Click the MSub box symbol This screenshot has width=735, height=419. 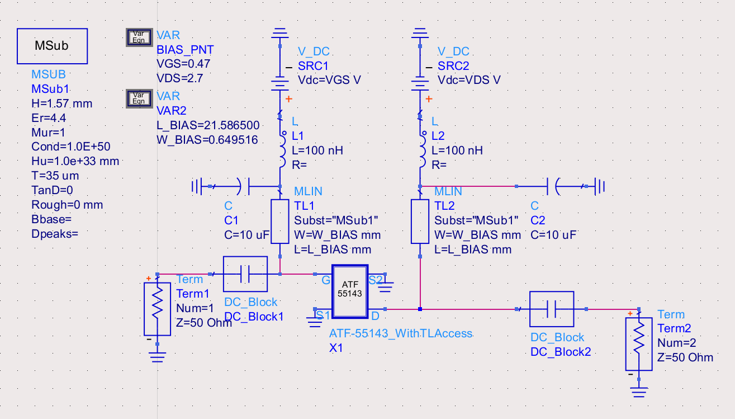point(52,46)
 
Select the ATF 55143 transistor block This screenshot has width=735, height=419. point(349,290)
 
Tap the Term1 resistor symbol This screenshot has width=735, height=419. point(157,307)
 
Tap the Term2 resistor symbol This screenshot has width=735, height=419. point(639,344)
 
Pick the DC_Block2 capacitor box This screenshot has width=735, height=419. point(551,309)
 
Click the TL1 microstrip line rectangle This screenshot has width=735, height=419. point(279,222)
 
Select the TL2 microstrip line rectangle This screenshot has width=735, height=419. point(420,222)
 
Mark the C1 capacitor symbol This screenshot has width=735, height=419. point(244,185)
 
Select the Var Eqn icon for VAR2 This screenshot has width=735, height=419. point(137,98)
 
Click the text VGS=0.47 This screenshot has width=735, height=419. point(183,64)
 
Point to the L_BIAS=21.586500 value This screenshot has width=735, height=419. point(208,125)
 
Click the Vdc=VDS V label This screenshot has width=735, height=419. point(468,80)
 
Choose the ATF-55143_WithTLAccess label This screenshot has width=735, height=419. point(401,333)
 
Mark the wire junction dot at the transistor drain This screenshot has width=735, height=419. point(420,309)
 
